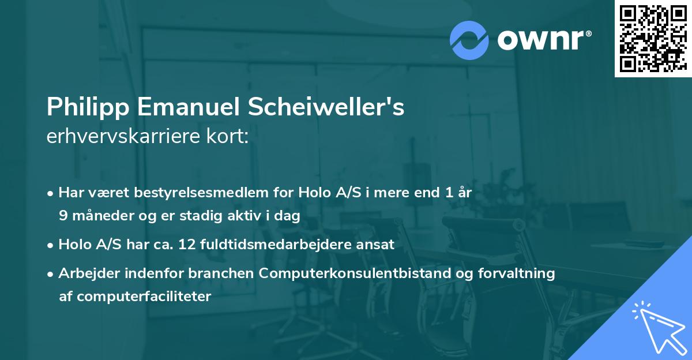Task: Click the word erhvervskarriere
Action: pos(119,137)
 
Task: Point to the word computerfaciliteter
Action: pos(135,297)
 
